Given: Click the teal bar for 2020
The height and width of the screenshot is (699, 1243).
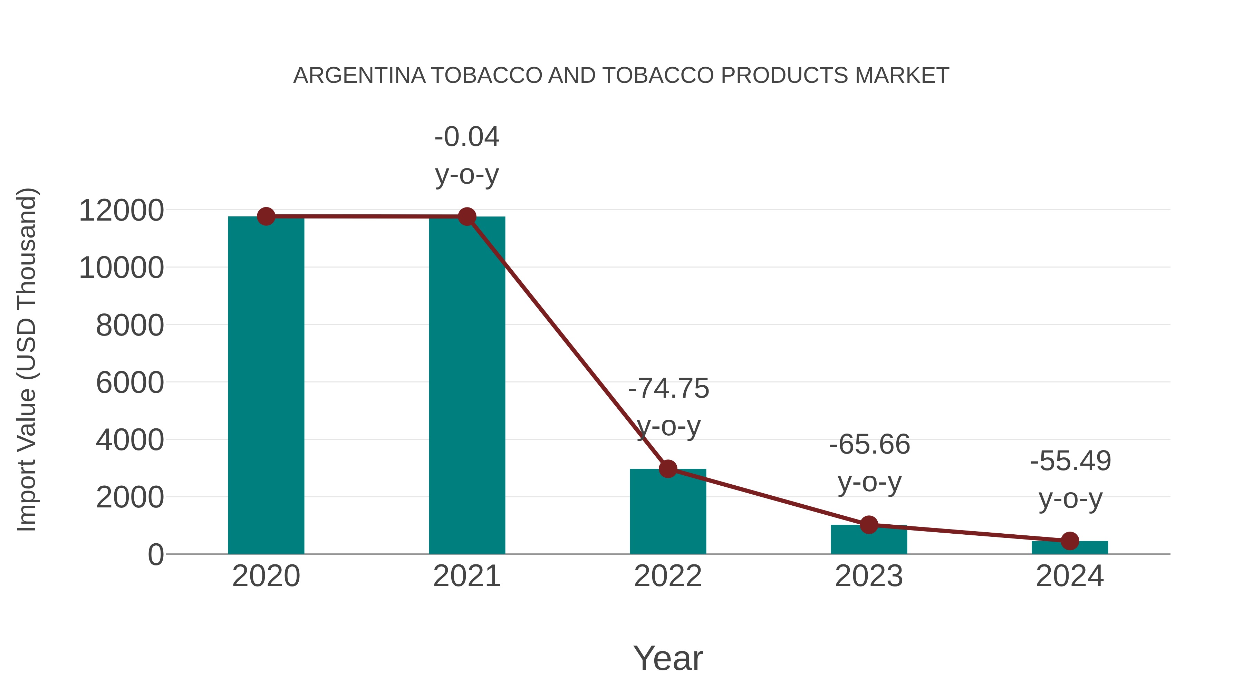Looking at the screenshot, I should pos(266,386).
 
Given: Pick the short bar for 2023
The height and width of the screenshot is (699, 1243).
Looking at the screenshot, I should pos(869,540).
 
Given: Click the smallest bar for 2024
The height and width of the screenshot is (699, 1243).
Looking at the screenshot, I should pos(1070,548).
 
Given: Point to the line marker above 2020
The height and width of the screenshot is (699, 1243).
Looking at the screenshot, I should pos(266,216).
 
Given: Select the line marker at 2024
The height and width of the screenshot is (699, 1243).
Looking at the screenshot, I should pos(1070,541).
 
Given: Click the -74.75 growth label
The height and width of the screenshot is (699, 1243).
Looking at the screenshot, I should pos(668,389).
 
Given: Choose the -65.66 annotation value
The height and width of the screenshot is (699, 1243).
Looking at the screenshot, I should pos(869,445).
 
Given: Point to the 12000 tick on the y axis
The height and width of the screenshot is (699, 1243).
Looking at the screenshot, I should pos(121,211).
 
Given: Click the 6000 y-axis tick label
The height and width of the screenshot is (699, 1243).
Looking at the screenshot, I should pos(130,383).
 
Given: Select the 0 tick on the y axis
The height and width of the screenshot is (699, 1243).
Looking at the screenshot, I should pos(155,555).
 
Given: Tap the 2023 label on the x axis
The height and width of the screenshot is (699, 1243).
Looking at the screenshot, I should pos(869,576).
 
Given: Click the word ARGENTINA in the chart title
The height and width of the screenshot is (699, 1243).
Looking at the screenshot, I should pos(359,76).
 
